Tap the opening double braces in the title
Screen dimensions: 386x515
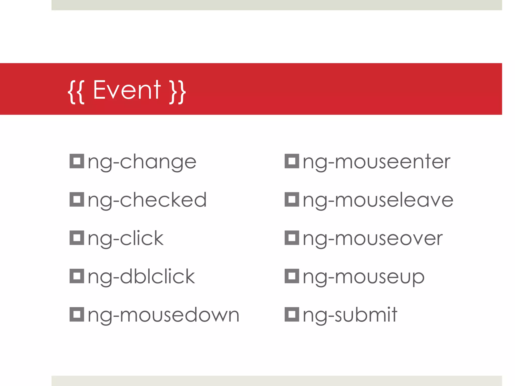click(76, 92)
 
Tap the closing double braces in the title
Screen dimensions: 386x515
click(178, 92)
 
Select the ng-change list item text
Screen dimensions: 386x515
click(142, 162)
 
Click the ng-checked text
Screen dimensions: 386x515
click(147, 200)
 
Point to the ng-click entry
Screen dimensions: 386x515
click(126, 238)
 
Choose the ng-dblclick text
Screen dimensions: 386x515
click(141, 277)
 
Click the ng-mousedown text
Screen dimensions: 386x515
click(163, 315)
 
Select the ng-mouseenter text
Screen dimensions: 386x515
click(376, 162)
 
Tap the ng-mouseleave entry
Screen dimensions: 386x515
click(378, 200)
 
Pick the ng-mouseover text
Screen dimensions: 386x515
click(373, 238)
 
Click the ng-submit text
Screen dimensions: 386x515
click(350, 315)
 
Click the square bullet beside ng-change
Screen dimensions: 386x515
click(77, 161)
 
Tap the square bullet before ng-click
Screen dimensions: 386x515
click(77, 238)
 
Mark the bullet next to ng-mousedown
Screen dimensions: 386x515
click(77, 314)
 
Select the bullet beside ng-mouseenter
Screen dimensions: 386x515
click(292, 161)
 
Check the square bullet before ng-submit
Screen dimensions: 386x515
click(292, 314)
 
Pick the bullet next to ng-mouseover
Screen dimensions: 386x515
click(292, 238)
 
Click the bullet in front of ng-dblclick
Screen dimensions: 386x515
click(77, 276)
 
